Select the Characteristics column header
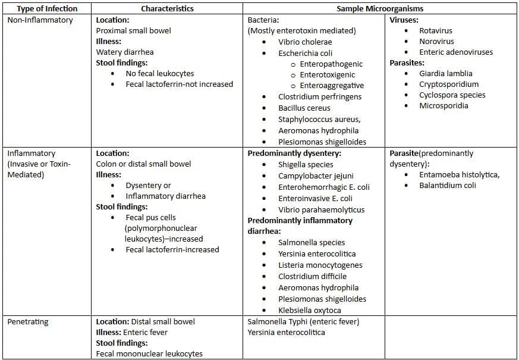[x=168, y=8]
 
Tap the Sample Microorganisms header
[x=380, y=8]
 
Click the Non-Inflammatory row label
[x=40, y=20]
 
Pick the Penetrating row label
[x=28, y=322]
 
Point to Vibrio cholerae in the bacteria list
[x=305, y=42]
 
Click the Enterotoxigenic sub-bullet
[x=328, y=75]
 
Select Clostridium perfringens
[x=320, y=97]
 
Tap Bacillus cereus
[x=304, y=108]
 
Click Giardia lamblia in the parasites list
[x=445, y=74]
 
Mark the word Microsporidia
[x=443, y=106]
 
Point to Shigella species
[x=306, y=165]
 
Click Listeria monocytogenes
[x=320, y=265]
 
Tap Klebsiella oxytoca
[x=310, y=310]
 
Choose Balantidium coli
[x=448, y=186]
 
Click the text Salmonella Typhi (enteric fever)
[x=303, y=322]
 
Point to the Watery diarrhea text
[x=125, y=52]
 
